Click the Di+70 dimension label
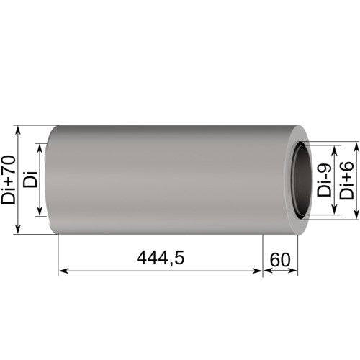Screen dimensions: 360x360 click(9, 180)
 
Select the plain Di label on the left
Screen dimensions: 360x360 click(30, 179)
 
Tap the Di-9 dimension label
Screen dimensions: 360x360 click(324, 181)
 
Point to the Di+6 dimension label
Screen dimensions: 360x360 click(346, 181)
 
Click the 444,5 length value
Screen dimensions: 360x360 click(161, 258)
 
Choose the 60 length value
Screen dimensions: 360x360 click(280, 260)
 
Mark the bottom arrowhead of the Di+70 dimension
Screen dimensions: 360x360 click(19, 230)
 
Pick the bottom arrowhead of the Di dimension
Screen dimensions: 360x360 click(40, 212)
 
